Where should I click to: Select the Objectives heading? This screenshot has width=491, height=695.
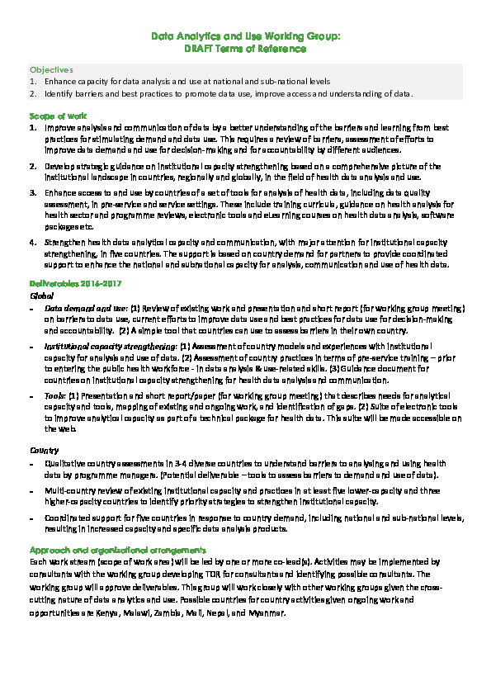pyautogui.click(x=51, y=70)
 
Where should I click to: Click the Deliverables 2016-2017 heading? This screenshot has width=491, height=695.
pyautogui.click(x=70, y=284)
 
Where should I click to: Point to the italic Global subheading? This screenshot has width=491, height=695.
pyautogui.click(x=41, y=294)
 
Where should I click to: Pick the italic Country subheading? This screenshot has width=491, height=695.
pyautogui.click(x=43, y=451)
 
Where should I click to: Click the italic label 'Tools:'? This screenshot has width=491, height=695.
pyautogui.click(x=56, y=395)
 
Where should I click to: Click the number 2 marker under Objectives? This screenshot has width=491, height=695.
pyautogui.click(x=33, y=93)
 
